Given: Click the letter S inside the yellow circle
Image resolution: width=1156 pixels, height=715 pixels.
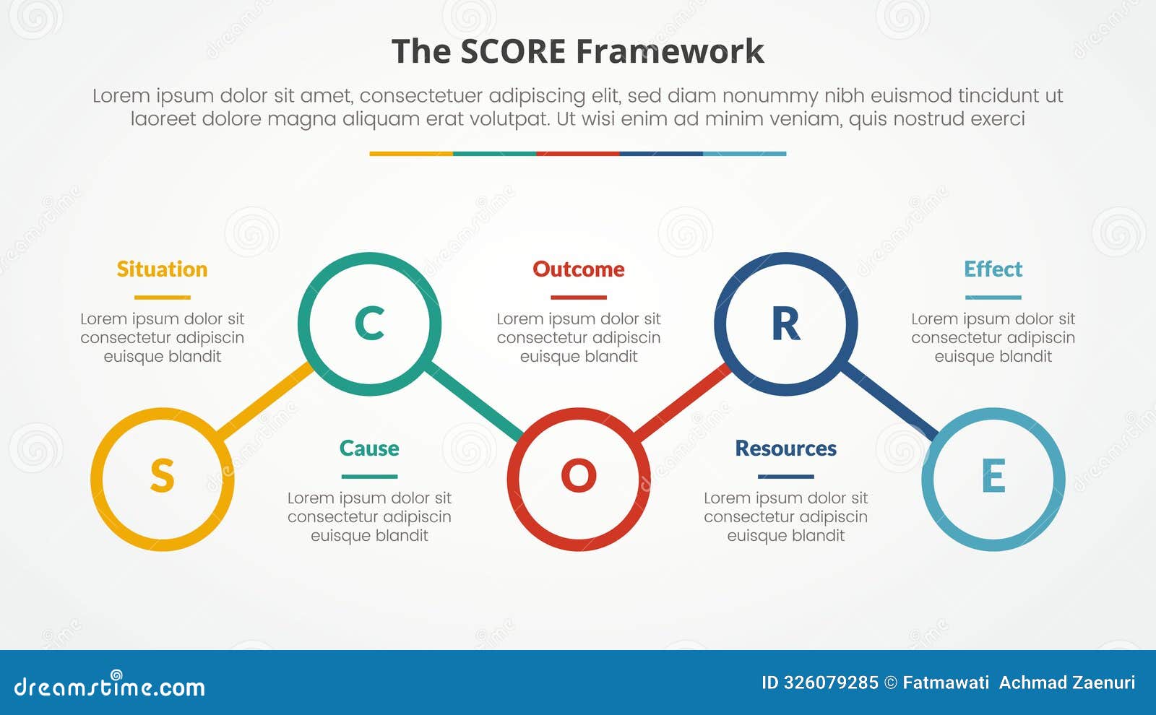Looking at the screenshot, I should (x=162, y=477).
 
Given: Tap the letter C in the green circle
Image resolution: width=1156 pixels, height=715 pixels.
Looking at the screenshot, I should (x=369, y=324).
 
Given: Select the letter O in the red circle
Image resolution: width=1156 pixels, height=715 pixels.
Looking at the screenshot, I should (x=579, y=477).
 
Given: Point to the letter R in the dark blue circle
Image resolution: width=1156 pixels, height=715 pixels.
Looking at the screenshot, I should (x=785, y=324).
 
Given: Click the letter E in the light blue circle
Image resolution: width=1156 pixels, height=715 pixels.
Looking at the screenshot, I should (x=993, y=477).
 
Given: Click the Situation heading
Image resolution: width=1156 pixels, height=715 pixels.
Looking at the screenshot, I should (x=162, y=269).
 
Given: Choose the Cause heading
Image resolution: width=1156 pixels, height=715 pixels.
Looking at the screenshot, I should (x=369, y=448).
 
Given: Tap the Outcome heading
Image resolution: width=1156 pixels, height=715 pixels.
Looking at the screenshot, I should (x=579, y=269).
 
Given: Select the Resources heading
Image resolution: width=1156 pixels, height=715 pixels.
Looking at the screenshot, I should (x=785, y=448).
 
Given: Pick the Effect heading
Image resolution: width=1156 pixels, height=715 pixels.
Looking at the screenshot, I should (x=993, y=269).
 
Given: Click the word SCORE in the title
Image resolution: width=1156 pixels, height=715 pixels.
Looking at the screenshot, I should (x=512, y=52).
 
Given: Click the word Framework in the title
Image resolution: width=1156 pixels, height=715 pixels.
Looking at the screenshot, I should (x=670, y=52).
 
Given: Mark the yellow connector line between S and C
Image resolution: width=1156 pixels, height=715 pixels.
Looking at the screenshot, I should (x=264, y=401).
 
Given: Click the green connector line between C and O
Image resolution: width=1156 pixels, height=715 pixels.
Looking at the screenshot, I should (x=474, y=401).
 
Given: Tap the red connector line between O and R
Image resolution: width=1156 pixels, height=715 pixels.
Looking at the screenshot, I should (x=683, y=402).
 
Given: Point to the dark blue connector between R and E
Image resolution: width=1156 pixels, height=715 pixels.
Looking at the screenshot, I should (x=890, y=401).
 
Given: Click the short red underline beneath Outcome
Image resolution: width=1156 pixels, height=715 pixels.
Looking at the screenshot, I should (x=579, y=297).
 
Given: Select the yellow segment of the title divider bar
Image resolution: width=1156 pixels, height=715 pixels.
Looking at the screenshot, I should (x=411, y=154).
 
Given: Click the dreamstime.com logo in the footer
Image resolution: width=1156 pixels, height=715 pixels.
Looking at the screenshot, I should (x=109, y=685).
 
